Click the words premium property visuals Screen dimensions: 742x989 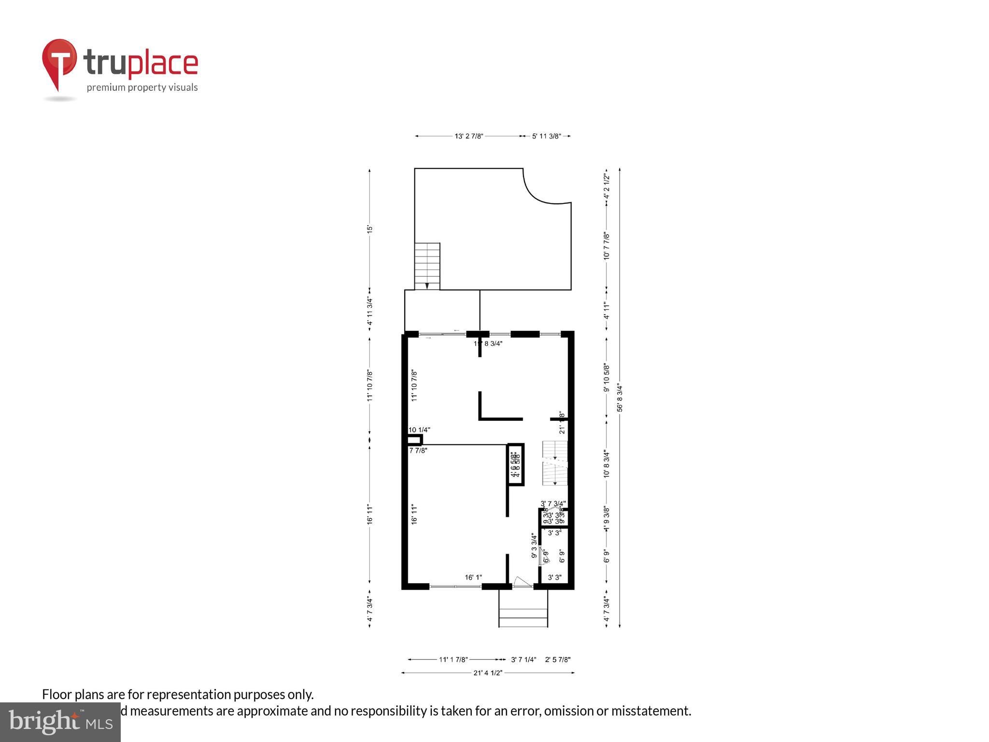point(142,87)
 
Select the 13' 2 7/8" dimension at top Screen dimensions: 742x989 point(468,136)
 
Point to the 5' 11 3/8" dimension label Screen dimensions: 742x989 point(546,136)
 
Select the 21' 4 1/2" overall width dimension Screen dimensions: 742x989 point(488,672)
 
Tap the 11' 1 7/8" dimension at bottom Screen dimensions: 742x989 point(453,659)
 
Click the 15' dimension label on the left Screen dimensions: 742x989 point(370,229)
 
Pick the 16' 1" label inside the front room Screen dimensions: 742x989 point(473,577)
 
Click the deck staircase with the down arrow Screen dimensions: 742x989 point(427,266)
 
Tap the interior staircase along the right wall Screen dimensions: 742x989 point(554,464)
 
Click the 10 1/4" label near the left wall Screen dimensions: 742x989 point(419,429)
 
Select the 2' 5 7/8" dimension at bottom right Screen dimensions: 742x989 point(558,659)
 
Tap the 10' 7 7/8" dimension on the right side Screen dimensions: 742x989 point(607,246)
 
